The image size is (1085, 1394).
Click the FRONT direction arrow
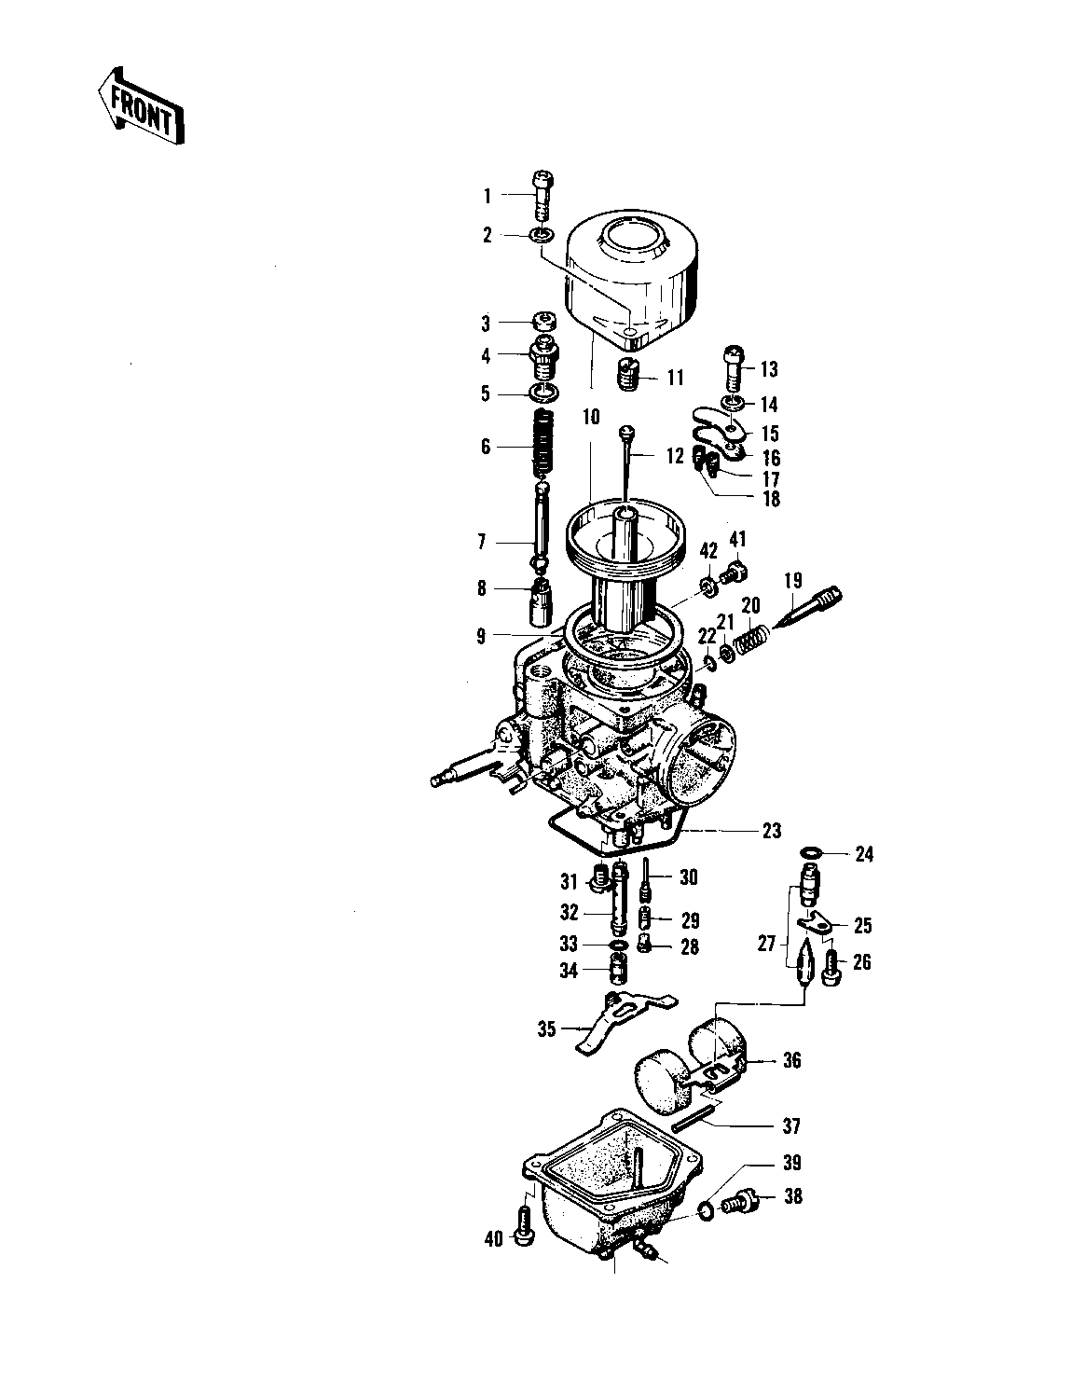coord(141,106)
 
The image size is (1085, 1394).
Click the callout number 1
coord(488,195)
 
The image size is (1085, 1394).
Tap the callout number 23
coord(772,831)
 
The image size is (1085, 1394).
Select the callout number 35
coord(546,1029)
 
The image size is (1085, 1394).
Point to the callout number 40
coord(494,1239)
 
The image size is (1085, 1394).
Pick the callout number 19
coord(793,580)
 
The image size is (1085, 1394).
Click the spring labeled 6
coord(543,444)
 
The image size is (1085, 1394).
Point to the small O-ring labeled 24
coord(812,852)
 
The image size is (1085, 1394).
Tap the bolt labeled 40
coord(524,1226)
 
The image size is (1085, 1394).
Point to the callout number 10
coord(591,417)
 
